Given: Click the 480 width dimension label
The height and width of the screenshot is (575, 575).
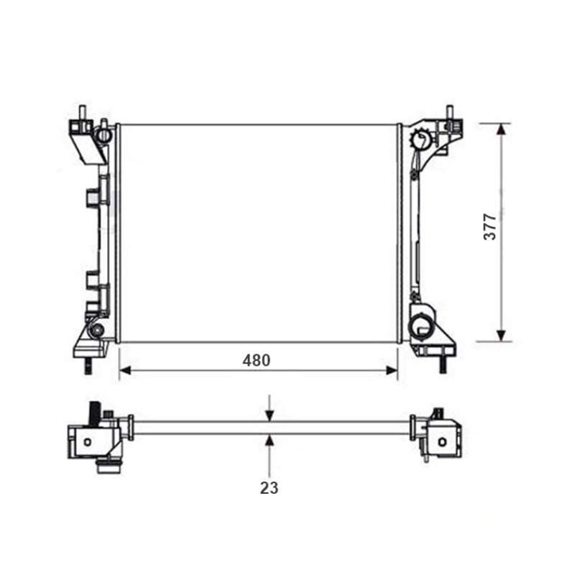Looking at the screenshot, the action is [257, 361].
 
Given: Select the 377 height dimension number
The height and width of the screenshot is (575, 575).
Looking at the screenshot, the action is [490, 226].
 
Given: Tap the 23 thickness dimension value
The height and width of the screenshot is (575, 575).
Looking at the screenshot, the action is [269, 488].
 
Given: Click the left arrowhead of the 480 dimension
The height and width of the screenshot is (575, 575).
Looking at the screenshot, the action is [125, 370].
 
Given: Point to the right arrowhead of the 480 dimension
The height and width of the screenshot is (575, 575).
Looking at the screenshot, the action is [392, 370].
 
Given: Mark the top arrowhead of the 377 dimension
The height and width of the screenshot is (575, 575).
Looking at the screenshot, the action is [501, 129].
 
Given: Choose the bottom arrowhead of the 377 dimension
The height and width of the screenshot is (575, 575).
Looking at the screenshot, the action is [501, 336].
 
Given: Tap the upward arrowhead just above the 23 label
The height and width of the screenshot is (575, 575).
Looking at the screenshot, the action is [270, 441].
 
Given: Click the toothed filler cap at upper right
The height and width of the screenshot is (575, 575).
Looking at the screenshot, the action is [422, 139].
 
